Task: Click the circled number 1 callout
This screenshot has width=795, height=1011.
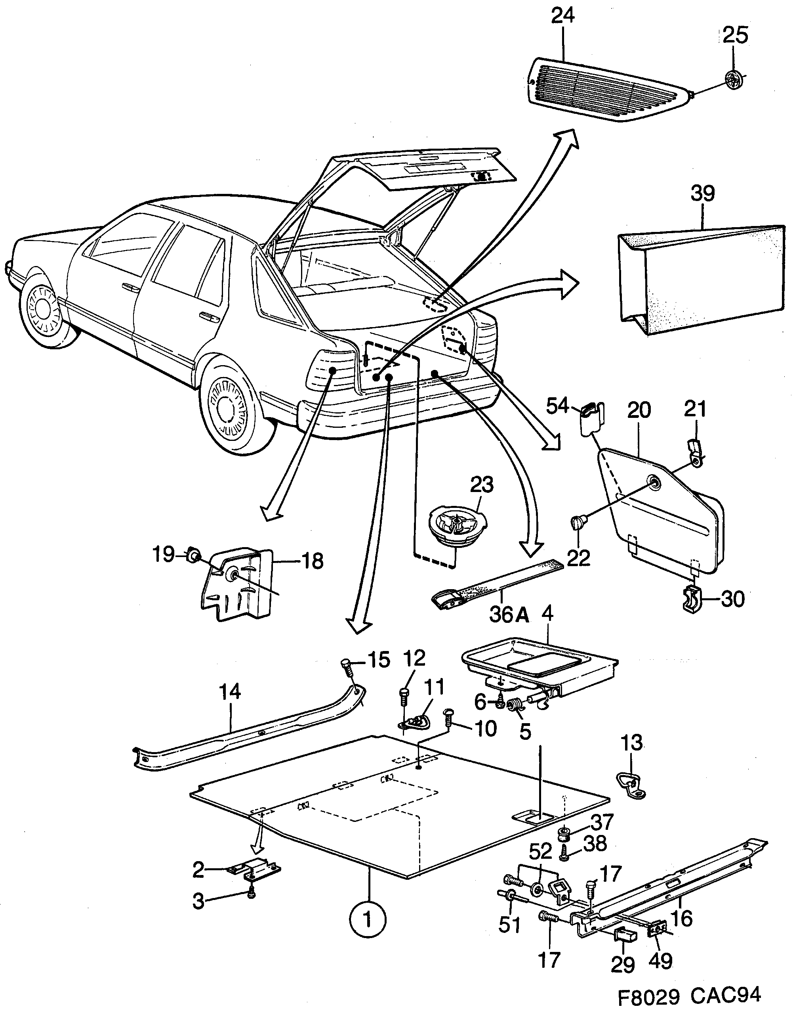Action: click(368, 920)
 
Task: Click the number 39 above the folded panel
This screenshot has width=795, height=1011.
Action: click(702, 193)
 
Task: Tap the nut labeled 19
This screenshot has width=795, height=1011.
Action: click(193, 555)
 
